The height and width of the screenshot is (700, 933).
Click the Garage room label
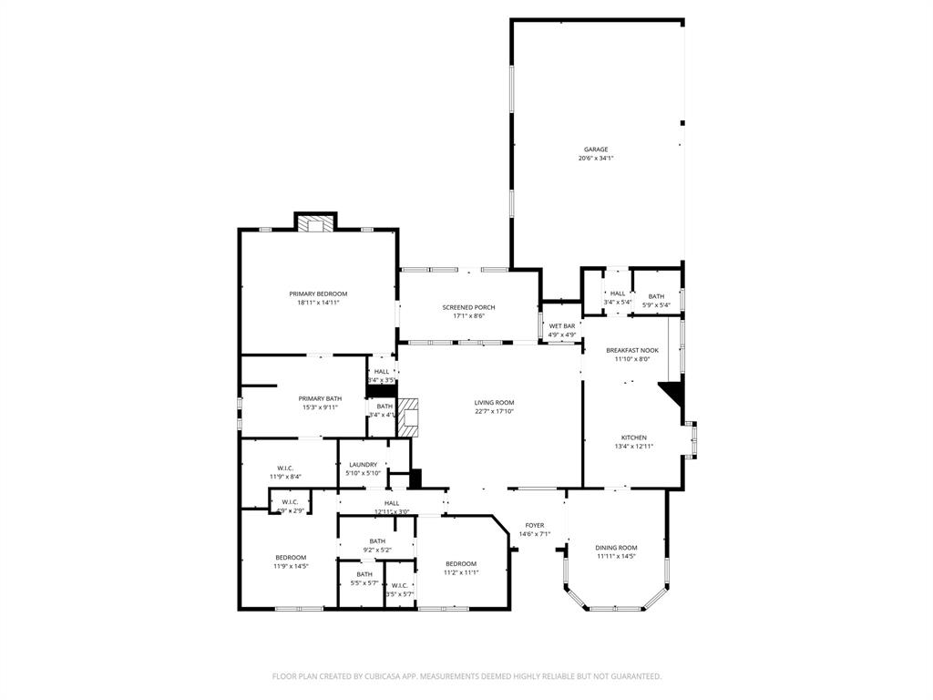(x=596, y=149)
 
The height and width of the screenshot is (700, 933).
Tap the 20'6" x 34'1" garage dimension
(x=596, y=159)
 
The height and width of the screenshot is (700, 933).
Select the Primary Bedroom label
(x=318, y=293)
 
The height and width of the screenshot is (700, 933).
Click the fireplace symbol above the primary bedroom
(x=316, y=223)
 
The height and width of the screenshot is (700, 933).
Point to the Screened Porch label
(x=468, y=307)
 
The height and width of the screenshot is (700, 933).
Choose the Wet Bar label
(x=561, y=325)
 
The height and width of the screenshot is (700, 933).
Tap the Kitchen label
(x=633, y=437)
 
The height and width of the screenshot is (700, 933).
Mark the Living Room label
(x=494, y=402)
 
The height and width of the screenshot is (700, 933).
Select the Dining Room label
(x=616, y=547)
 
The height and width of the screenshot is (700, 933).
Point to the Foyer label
(x=534, y=525)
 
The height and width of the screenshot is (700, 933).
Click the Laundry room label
(x=362, y=464)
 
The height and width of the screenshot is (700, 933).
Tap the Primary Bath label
(x=320, y=398)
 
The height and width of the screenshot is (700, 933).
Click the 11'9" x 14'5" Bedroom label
(x=291, y=557)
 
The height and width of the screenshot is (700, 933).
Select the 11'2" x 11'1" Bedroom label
(x=460, y=564)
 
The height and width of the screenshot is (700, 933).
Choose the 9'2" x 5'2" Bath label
(x=377, y=540)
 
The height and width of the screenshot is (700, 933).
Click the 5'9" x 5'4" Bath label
(x=656, y=296)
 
